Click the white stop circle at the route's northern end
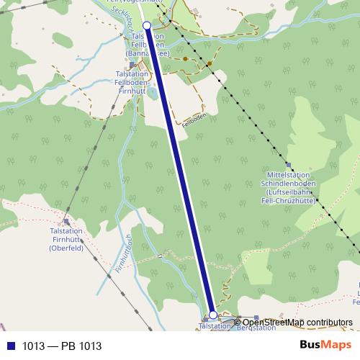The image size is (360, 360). [x=147, y=26]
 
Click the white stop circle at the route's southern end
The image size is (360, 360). [x=212, y=315]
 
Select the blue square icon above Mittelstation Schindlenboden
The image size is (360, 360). [x=288, y=165]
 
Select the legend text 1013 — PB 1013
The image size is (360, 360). [x=60, y=346]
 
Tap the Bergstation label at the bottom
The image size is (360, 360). [x=256, y=328]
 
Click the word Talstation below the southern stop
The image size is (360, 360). [x=213, y=326]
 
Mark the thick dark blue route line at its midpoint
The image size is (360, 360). [x=180, y=171]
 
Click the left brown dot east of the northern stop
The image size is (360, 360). [x=185, y=58]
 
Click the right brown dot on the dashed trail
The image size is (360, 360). [x=209, y=63]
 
